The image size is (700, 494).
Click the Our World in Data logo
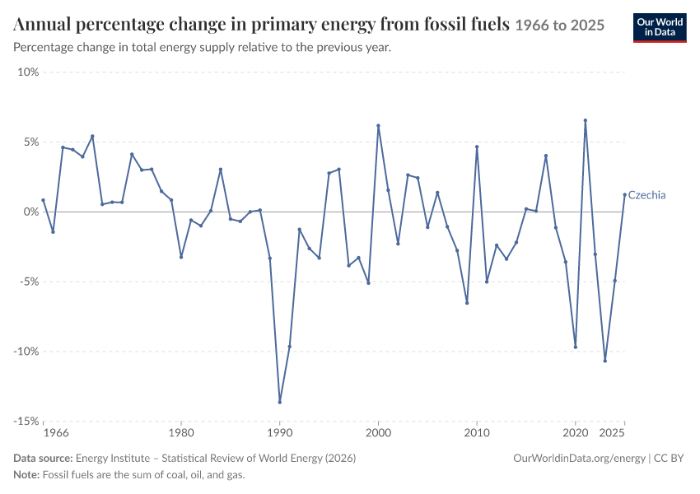660,28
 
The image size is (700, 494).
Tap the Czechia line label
646,195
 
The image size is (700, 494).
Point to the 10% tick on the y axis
28,72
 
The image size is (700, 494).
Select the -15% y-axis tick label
26,422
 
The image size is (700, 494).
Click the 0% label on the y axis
31,212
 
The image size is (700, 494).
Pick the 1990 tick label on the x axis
279,433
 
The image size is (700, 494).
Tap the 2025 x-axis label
611,433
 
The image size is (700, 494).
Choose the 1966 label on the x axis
56,433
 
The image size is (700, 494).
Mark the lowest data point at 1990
279,402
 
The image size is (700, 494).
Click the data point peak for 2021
586,120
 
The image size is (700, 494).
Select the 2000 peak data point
378,126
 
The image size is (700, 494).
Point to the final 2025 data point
624,194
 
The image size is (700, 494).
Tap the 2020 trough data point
576,347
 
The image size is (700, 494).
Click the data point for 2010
477,147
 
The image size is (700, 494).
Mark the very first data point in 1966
44,200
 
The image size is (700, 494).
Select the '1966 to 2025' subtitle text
560,25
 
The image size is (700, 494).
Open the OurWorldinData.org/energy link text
580,459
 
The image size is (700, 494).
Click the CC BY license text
669,459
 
